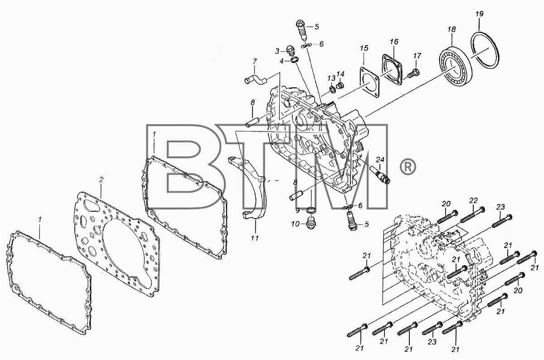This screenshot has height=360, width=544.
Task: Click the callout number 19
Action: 479,14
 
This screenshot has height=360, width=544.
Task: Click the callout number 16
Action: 394,42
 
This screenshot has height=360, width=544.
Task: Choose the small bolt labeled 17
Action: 413,73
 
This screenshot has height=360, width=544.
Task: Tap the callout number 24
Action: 380,160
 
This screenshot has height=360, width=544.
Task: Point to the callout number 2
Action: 101,180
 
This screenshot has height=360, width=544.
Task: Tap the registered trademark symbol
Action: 408,166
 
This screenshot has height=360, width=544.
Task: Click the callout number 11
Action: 255,238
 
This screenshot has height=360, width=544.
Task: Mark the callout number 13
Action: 331,78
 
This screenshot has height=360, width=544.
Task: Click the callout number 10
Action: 295,224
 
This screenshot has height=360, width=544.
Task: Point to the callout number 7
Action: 254,61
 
